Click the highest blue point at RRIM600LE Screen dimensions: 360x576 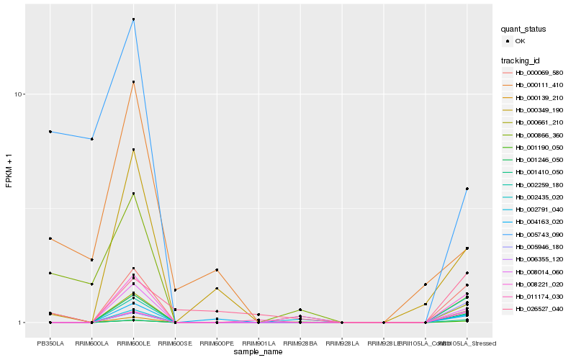click(x=133, y=19)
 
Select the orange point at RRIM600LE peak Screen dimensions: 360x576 click(x=133, y=82)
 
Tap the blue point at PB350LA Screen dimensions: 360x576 click(x=50, y=132)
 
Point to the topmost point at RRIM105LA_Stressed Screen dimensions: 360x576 click(x=467, y=189)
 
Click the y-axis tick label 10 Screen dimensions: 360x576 click(x=21, y=94)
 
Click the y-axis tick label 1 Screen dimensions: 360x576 click(x=23, y=323)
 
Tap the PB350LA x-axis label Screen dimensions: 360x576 click(x=50, y=343)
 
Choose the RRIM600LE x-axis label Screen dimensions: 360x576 click(x=133, y=343)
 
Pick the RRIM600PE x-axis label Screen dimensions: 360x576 click(x=217, y=343)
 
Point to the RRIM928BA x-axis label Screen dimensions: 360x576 click(x=300, y=343)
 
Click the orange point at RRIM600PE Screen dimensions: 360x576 click(x=217, y=270)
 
